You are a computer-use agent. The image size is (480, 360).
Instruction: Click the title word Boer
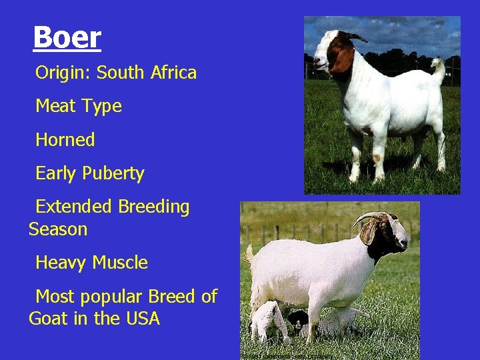pyautogui.click(x=67, y=37)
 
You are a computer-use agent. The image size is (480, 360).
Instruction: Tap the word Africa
pyautogui.click(x=173, y=72)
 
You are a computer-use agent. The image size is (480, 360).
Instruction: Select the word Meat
pyautogui.click(x=57, y=105)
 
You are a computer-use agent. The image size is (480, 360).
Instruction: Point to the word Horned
pyautogui.click(x=65, y=139)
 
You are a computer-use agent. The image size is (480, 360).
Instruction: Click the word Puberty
pyautogui.click(x=113, y=174)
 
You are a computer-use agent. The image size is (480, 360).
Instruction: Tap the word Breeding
pyautogui.click(x=154, y=207)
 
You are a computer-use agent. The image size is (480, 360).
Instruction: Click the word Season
pyautogui.click(x=58, y=229)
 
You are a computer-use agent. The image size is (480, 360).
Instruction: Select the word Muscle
pyautogui.click(x=120, y=263)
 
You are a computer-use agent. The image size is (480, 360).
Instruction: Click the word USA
pyautogui.click(x=143, y=319)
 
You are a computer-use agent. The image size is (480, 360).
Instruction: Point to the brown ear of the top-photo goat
pyautogui.click(x=343, y=59)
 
